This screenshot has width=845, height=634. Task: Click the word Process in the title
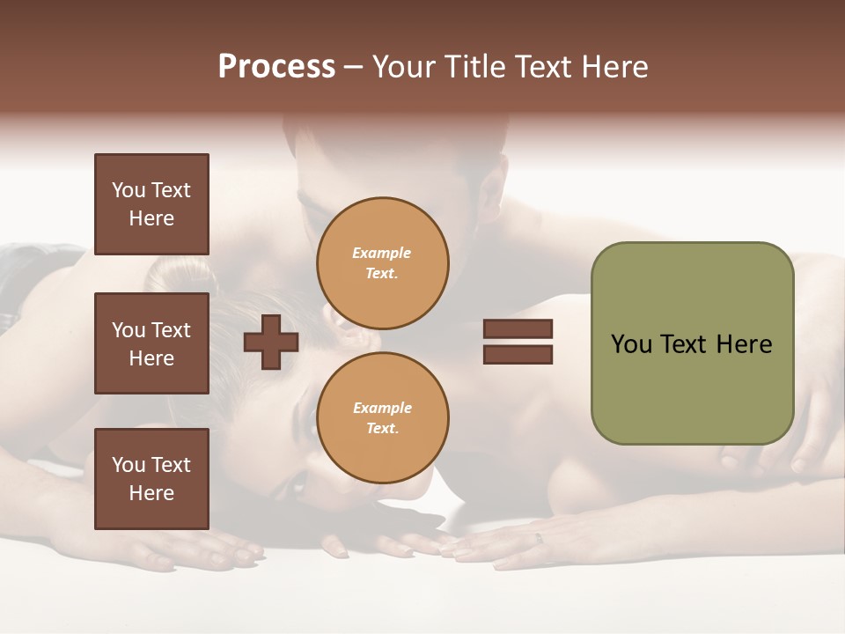click(276, 67)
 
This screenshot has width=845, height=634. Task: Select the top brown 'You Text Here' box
click(151, 204)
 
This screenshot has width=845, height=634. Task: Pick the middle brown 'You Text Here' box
click(151, 343)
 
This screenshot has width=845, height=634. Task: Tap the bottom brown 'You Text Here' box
click(151, 478)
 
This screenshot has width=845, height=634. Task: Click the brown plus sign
click(271, 343)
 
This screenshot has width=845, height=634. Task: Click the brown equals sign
click(518, 342)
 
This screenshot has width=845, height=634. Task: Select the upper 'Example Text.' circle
click(382, 263)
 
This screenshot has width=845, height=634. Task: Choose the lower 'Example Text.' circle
click(382, 417)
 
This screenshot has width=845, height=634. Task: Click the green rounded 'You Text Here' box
click(692, 343)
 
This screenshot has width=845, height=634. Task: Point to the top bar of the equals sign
click(518, 329)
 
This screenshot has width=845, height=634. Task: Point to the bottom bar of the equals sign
click(518, 354)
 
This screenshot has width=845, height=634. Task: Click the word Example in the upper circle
click(382, 254)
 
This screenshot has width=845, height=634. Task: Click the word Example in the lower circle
click(382, 408)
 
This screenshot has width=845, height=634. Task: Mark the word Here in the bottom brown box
click(151, 493)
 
